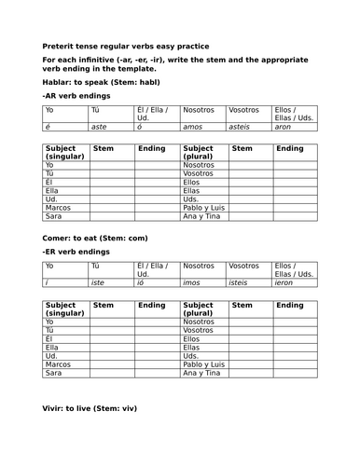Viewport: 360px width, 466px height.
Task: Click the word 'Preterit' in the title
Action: [58, 47]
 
